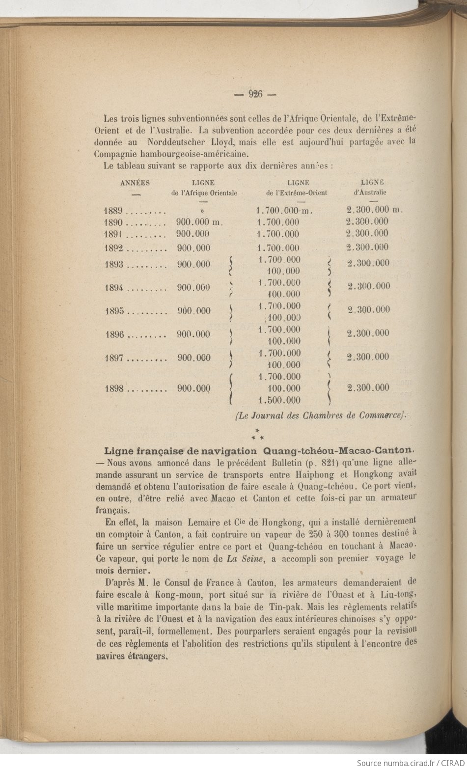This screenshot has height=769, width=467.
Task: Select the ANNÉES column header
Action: (x=135, y=183)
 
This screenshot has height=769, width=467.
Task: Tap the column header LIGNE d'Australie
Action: (x=372, y=187)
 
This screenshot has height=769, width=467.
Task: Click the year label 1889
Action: (x=113, y=211)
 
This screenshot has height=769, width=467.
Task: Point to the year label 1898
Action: (x=114, y=388)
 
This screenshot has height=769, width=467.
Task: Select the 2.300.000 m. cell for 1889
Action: (x=374, y=210)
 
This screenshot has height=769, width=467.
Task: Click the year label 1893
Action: (x=114, y=265)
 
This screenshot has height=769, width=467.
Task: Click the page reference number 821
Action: (x=321, y=463)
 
